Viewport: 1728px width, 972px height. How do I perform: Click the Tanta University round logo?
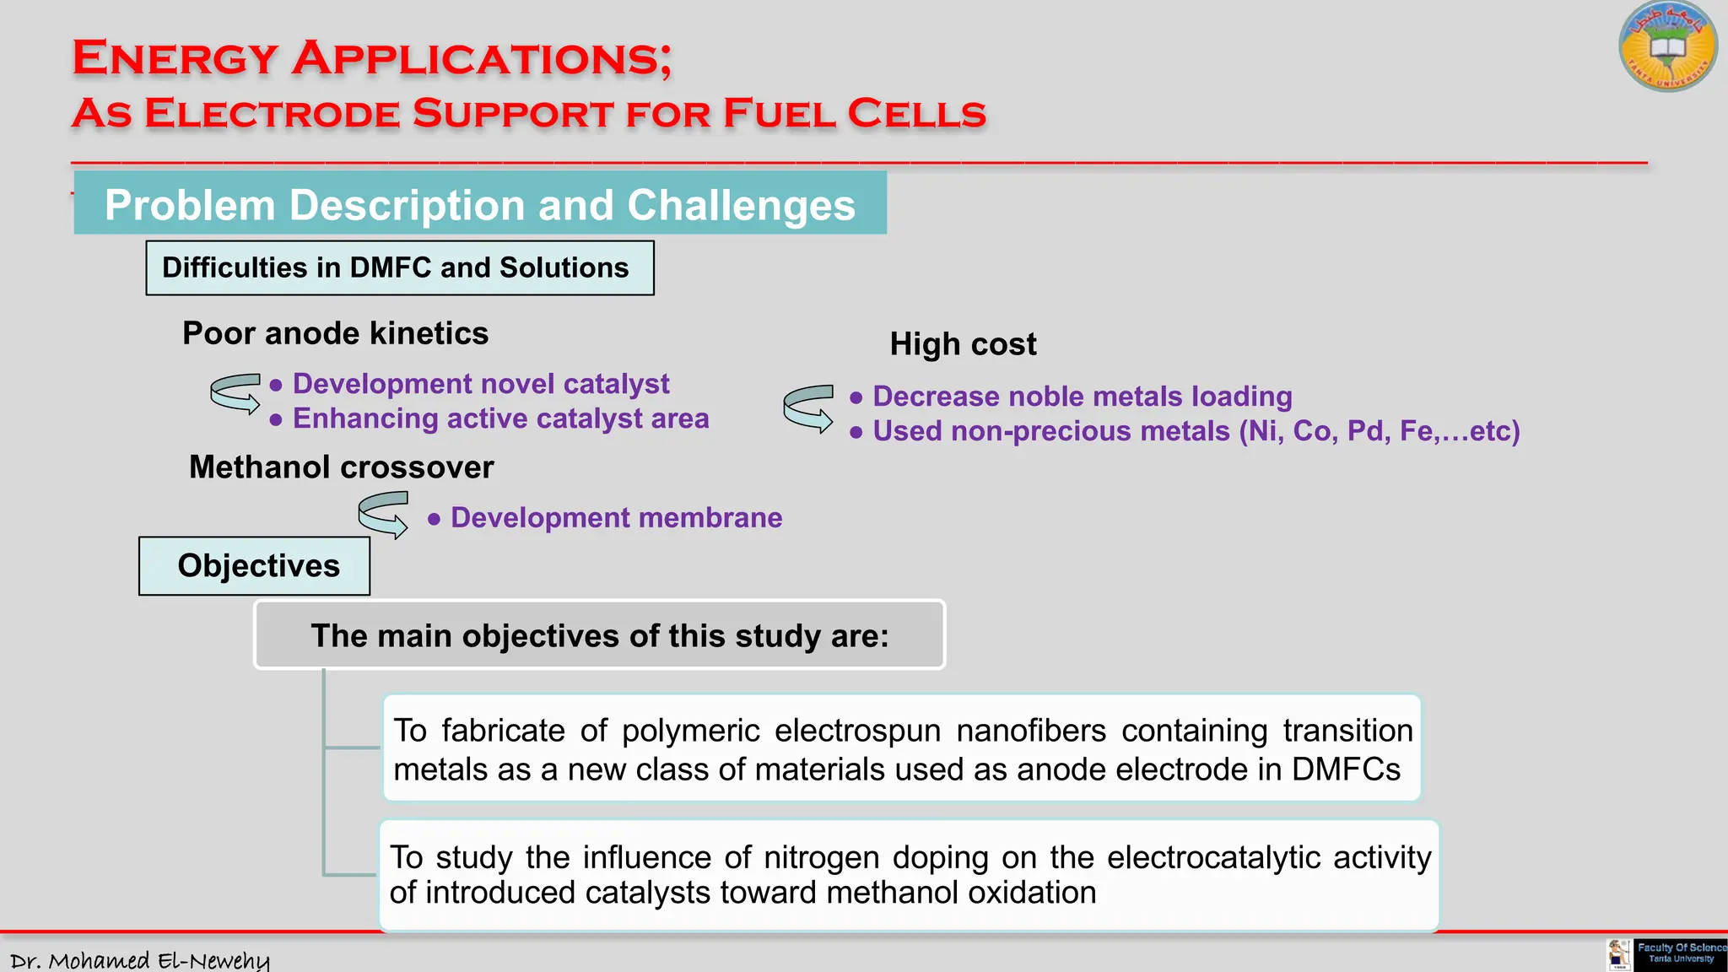[x=1667, y=46]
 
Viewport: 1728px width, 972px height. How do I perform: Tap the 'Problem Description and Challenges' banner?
[x=480, y=204]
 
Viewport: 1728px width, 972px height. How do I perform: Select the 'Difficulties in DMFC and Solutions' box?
[x=399, y=268]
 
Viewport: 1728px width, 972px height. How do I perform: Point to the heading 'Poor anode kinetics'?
[x=335, y=333]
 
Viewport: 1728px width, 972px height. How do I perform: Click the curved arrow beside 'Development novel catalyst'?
[x=235, y=393]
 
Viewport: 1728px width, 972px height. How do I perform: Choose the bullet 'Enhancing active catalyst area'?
[x=500, y=418]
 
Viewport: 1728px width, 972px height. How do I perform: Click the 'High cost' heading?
[x=963, y=344]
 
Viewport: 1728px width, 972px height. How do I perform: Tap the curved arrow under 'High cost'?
[x=808, y=408]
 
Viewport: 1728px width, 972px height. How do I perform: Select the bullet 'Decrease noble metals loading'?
[x=1082, y=397]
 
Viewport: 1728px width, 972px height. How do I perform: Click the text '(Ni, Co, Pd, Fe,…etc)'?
[x=1379, y=431]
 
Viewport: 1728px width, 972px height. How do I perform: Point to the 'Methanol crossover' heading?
[x=341, y=467]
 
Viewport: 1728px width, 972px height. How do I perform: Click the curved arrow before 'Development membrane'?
[x=383, y=515]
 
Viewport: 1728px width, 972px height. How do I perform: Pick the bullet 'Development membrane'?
[x=616, y=518]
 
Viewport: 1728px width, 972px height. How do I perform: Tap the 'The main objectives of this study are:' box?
[x=599, y=635]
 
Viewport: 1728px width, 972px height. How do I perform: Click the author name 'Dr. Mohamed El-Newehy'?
[x=140, y=960]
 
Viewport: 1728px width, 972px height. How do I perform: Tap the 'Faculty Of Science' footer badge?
[x=1679, y=953]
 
